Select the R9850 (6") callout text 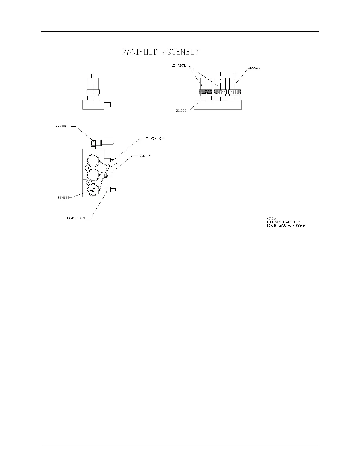(x=155, y=139)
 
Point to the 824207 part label (x=144, y=156)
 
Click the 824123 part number (x=63, y=198)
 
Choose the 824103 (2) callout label (x=76, y=218)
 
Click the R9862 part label (x=255, y=68)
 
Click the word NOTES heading (x=271, y=219)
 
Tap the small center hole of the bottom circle (x=93, y=190)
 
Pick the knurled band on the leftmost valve (x=206, y=92)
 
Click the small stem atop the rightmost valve (x=234, y=75)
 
